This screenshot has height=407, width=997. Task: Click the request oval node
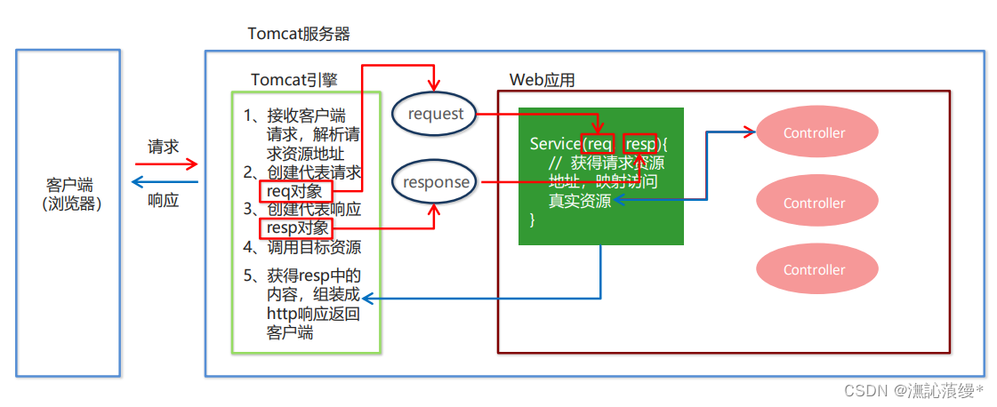pyautogui.click(x=435, y=114)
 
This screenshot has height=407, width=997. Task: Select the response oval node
pyautogui.click(x=435, y=182)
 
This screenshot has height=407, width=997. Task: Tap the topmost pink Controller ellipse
pyautogui.click(x=814, y=133)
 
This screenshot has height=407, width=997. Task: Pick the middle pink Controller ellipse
pyautogui.click(x=814, y=203)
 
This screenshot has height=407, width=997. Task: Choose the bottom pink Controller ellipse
pyautogui.click(x=814, y=269)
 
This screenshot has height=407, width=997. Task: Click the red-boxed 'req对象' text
pyautogui.click(x=297, y=191)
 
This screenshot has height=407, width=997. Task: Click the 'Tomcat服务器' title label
pyautogui.click(x=298, y=34)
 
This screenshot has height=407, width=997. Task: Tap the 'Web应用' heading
pyautogui.click(x=542, y=80)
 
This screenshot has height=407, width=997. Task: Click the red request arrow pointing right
pyautogui.click(x=166, y=164)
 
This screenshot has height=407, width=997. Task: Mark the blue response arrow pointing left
pyautogui.click(x=165, y=181)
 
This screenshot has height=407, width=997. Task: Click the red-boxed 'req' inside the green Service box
pyautogui.click(x=598, y=144)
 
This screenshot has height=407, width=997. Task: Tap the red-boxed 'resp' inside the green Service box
pyautogui.click(x=639, y=144)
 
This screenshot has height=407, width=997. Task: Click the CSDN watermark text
pyautogui.click(x=913, y=390)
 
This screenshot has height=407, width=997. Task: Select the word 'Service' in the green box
pyautogui.click(x=554, y=144)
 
